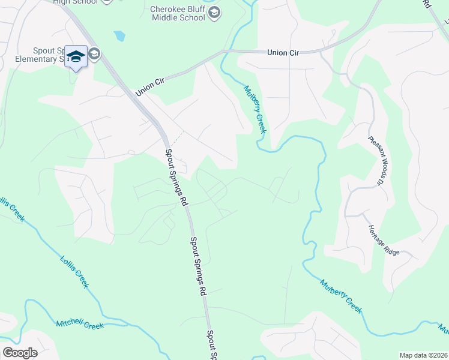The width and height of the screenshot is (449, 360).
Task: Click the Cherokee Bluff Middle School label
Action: (x=177, y=12)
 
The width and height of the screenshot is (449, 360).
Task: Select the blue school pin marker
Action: (x=76, y=57)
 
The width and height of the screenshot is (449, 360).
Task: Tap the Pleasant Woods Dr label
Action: (x=376, y=159)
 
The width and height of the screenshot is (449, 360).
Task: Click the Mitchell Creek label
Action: (x=80, y=324)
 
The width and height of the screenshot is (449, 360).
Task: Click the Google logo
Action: (x=20, y=353)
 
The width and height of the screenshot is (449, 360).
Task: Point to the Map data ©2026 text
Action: (x=423, y=355)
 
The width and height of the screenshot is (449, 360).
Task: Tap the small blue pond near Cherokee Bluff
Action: (x=120, y=36)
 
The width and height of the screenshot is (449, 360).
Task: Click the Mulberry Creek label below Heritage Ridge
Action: (x=341, y=296)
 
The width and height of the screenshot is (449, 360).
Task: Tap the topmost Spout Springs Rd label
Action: (x=177, y=177)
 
